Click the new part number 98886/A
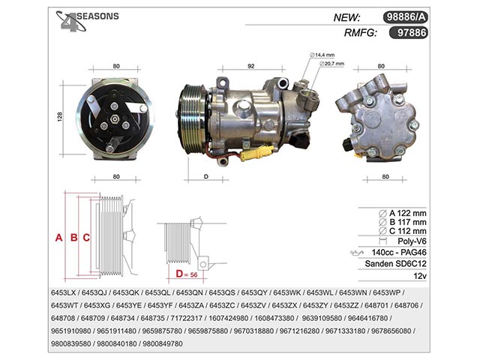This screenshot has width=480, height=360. (405, 17)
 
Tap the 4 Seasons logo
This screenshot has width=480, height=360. (87, 21)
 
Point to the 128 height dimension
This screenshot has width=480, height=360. (60, 117)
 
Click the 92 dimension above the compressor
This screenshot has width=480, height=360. (251, 66)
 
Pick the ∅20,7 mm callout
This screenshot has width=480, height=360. (331, 64)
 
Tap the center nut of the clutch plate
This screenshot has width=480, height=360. (115, 119)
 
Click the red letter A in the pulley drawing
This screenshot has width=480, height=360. (58, 238)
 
